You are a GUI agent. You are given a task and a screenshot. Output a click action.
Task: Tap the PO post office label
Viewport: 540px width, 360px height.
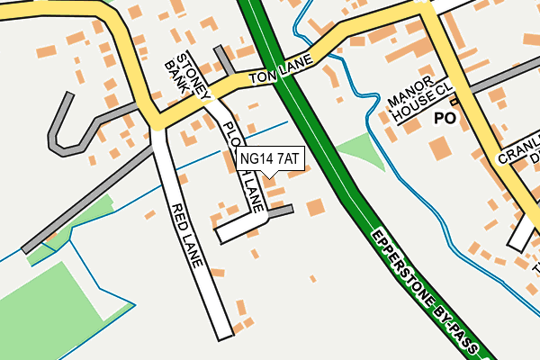click(x=445, y=118)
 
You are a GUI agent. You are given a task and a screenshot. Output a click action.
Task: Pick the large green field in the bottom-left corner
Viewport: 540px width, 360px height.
click(x=45, y=306)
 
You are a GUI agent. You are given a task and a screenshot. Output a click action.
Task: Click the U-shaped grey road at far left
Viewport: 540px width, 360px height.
click(x=61, y=126)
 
